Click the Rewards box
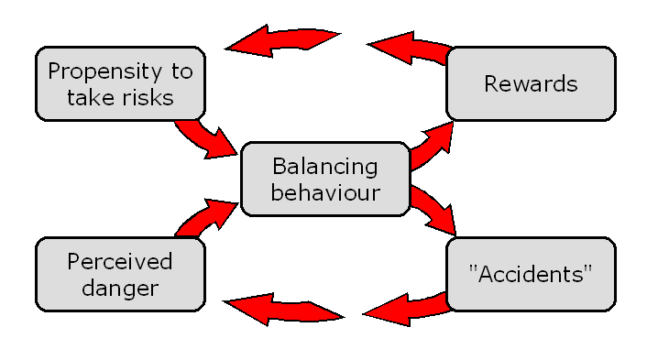[531, 84]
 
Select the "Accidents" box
[531, 273]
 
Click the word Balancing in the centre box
[324, 167]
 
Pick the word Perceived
[119, 262]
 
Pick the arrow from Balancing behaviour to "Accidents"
[433, 209]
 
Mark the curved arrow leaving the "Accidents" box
[403, 308]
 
